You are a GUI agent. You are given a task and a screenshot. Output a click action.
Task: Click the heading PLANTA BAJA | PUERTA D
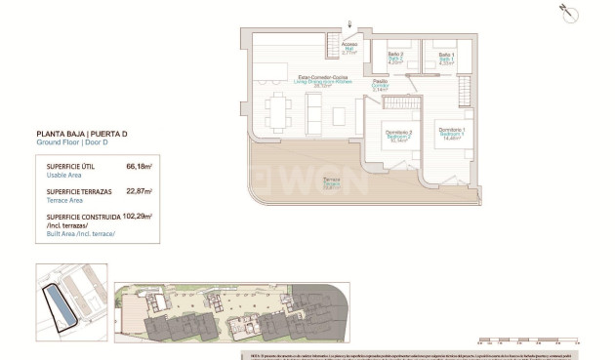[86, 133]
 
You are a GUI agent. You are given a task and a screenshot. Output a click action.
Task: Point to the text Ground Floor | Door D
[74, 142]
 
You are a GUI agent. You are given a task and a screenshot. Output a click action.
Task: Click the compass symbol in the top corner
[568, 14]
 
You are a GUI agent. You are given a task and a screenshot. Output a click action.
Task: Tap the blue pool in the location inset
[61, 303]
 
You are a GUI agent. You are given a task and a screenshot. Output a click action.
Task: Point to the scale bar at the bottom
[528, 341]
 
